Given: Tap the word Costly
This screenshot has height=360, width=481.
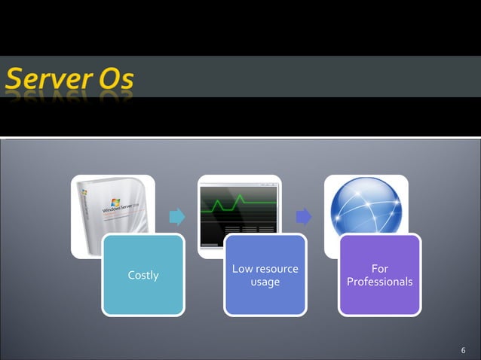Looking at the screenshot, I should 143,275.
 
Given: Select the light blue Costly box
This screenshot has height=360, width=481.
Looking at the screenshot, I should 143,294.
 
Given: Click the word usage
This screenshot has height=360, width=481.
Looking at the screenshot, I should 265,282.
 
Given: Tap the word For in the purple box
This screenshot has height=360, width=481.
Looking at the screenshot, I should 380,269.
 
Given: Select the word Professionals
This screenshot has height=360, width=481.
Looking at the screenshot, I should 380,282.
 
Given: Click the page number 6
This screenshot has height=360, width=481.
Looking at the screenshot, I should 464,350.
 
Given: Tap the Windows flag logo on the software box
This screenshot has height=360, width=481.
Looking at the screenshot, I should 115,202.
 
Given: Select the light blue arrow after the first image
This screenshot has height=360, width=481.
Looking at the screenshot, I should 177,217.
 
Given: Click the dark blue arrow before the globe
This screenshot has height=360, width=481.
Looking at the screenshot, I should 304,217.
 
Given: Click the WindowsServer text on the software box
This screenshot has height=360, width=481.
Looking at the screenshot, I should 124,209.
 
